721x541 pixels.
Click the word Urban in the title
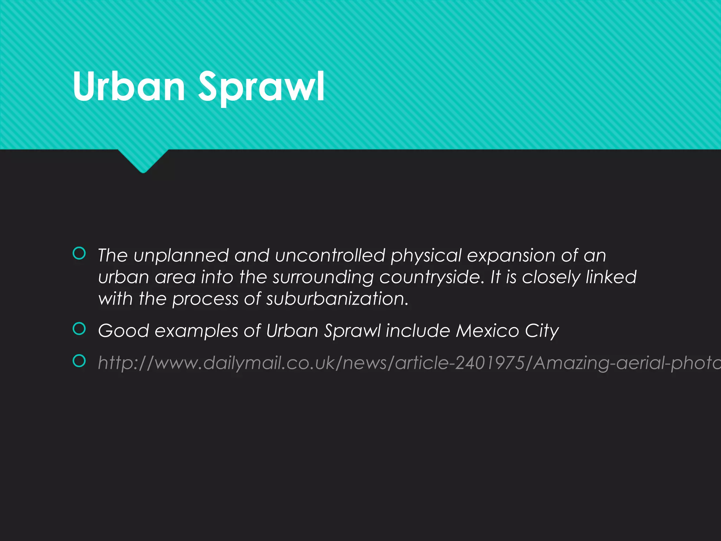click(x=129, y=86)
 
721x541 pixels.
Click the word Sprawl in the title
click(x=261, y=86)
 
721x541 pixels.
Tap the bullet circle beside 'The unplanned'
click(x=79, y=254)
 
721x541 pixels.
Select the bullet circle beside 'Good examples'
click(x=79, y=329)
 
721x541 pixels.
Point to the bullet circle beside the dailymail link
click(x=79, y=361)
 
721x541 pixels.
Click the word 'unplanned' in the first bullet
click(x=181, y=256)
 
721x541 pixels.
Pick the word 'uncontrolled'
click(x=330, y=256)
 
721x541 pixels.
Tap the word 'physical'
click(x=426, y=256)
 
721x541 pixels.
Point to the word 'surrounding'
click(x=323, y=278)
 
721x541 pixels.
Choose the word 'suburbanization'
click(x=337, y=299)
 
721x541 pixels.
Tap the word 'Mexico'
click(x=487, y=331)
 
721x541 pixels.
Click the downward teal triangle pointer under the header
click(x=143, y=160)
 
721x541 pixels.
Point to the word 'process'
click(x=205, y=300)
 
